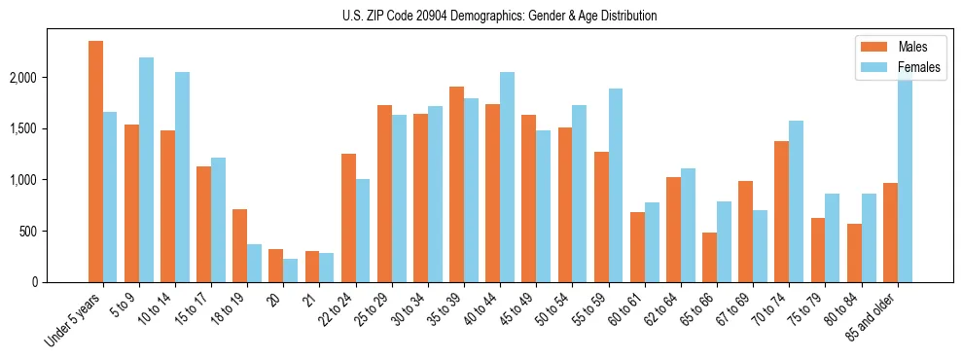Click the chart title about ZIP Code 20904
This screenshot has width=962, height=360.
point(500,16)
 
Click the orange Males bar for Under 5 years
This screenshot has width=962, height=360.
point(95,162)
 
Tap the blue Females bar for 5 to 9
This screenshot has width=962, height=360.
point(146,170)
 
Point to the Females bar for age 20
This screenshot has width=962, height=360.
point(290,270)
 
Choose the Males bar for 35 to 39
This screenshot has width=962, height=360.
point(456,185)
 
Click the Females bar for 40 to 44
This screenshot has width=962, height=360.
point(507,177)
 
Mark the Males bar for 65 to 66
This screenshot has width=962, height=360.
point(709,258)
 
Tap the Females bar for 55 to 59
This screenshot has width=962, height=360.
point(616,186)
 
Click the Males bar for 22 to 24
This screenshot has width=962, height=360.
point(348,218)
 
